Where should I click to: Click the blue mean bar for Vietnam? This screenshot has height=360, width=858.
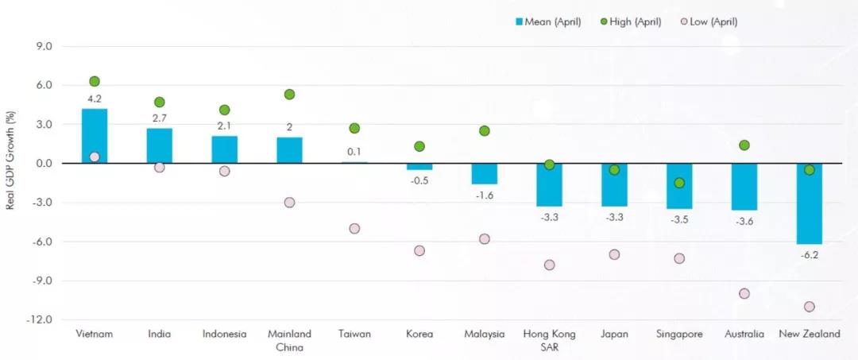94,136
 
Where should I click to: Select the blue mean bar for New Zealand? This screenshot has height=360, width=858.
809,203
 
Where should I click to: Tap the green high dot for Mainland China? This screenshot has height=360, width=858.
289,94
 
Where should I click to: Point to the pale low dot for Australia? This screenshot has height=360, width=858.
744,294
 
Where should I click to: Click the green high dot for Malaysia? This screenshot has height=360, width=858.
485,131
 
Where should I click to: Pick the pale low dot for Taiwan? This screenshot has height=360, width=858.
354,228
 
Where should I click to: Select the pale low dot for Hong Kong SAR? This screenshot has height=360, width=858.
550,265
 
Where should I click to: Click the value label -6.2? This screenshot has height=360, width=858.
809,254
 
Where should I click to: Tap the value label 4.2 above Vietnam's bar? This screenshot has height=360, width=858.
94,99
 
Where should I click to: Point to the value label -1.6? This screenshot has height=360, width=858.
485,195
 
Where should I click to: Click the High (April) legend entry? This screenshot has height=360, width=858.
630,22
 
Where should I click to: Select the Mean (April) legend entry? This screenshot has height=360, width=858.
547,22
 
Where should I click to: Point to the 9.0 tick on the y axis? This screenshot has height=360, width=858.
45,47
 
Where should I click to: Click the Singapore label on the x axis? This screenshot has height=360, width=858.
679,334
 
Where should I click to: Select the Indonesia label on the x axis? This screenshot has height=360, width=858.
224,334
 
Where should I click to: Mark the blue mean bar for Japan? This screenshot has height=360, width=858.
614,185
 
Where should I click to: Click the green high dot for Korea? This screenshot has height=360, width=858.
419,146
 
